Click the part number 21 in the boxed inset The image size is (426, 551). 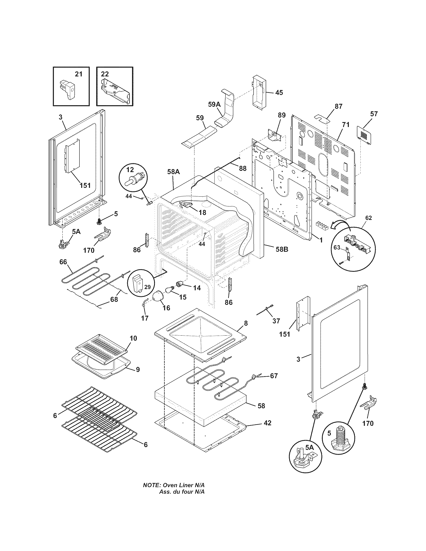pos(78,74)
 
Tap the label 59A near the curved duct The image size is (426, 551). pos(214,104)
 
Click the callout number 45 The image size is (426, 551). pos(279,93)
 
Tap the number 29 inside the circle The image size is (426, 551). pos(147,287)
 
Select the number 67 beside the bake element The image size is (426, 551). pos(274,383)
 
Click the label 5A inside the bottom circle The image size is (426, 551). pos(309,447)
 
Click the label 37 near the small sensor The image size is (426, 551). pos(276,321)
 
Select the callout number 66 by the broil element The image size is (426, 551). pos(63,262)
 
